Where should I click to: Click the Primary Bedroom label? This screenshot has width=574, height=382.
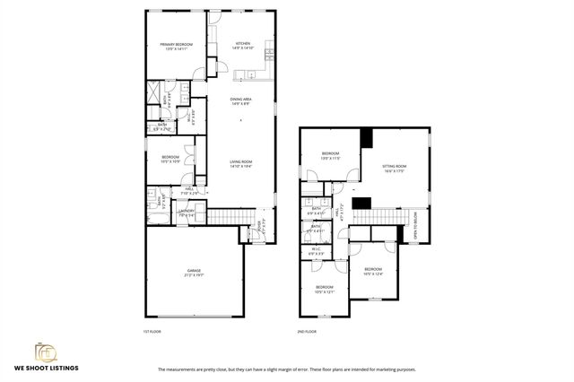click(x=177, y=47)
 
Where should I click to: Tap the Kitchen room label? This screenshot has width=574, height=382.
click(x=243, y=46)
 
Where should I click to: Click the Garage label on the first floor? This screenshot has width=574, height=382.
click(x=193, y=273)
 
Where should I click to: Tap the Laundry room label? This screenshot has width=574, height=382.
click(x=187, y=213)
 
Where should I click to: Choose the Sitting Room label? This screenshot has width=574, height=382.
click(x=395, y=169)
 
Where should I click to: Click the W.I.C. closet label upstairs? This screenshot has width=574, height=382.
click(x=316, y=252)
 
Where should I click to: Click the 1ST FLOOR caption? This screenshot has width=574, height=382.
click(x=152, y=332)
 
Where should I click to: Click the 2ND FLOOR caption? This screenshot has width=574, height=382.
click(x=307, y=332)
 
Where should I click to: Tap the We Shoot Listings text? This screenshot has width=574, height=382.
click(x=45, y=368)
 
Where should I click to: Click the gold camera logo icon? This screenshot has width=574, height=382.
click(x=45, y=351)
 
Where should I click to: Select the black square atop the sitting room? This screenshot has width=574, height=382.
click(x=366, y=138)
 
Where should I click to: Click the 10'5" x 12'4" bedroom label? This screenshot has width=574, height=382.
click(x=373, y=271)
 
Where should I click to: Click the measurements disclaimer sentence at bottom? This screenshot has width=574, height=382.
click(x=286, y=369)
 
